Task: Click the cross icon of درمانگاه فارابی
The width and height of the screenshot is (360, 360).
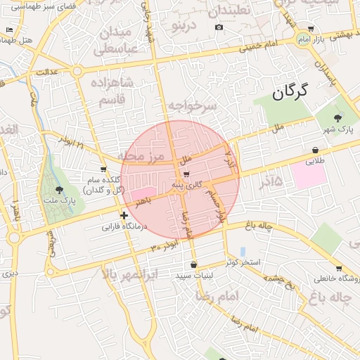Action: pyautogui.click(x=124, y=216)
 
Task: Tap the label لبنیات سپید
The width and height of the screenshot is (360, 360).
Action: pyautogui.click(x=193, y=276)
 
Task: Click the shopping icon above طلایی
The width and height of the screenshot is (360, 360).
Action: pyautogui.click(x=315, y=150)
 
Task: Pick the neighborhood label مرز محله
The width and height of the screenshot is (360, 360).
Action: pyautogui.click(x=140, y=155)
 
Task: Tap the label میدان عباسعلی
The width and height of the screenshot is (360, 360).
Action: pyautogui.click(x=122, y=40)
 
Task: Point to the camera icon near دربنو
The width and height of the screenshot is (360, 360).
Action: pyautogui.click(x=219, y=27)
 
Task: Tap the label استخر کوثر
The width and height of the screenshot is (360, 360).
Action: pyautogui.click(x=243, y=263)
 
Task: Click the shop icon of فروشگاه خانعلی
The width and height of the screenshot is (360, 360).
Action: pyautogui.click(x=340, y=269)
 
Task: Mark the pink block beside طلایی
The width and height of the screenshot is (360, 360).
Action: pyautogui.click(x=309, y=176)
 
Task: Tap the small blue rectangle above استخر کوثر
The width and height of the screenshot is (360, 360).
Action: pyautogui.click(x=243, y=251)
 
